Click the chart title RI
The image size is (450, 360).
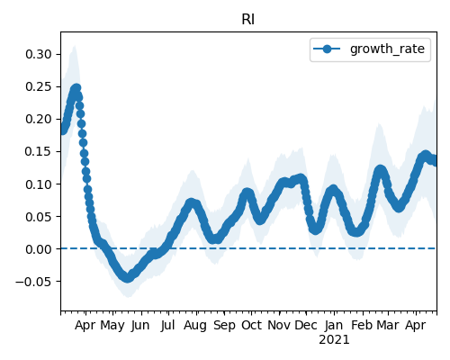(x=248, y=20)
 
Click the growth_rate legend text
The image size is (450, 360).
(x=387, y=49)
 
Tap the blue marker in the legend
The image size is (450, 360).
(x=327, y=49)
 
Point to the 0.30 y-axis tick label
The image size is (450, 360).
(x=39, y=54)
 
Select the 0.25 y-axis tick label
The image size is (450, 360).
(x=39, y=86)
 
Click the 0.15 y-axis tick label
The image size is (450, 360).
(x=39, y=151)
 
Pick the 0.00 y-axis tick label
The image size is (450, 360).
(x=39, y=249)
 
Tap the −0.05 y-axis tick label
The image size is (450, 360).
(x=33, y=282)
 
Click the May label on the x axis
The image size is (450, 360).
(x=112, y=326)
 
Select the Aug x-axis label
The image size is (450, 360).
(x=195, y=326)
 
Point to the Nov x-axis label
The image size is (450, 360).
(x=279, y=325)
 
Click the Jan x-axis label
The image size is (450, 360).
(x=334, y=325)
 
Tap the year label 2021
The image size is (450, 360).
(x=334, y=340)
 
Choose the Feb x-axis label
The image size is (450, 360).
(x=362, y=325)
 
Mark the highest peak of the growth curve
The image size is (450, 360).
(x=76, y=88)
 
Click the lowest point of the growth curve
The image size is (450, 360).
(x=128, y=278)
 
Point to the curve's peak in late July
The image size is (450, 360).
(x=191, y=203)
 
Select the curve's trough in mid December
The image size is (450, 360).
(x=315, y=229)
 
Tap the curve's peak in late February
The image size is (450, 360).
(x=381, y=170)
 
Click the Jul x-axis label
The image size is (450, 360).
(x=167, y=325)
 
